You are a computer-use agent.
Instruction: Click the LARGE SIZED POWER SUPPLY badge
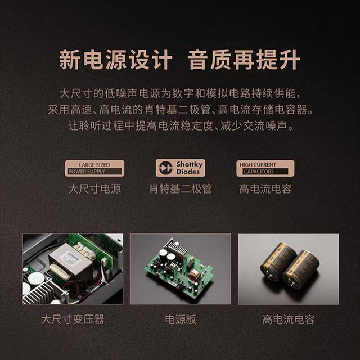click(x=94, y=168)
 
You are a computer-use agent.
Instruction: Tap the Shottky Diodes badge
click(x=181, y=168)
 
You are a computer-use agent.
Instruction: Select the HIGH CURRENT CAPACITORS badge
click(x=265, y=168)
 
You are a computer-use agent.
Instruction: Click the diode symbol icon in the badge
click(x=166, y=168)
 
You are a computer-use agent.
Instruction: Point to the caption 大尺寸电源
click(x=94, y=189)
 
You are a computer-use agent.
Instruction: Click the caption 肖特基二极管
click(x=181, y=189)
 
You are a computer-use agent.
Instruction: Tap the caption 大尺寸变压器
click(x=73, y=319)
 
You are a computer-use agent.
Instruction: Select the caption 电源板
click(x=181, y=319)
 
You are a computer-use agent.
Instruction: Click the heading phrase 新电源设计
click(x=116, y=60)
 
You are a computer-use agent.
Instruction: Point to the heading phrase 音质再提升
click(x=244, y=60)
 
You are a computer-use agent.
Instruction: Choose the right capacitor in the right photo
click(x=301, y=270)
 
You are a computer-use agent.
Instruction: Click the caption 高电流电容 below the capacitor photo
click(x=289, y=319)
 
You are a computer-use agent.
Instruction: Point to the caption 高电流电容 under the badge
click(x=265, y=189)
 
